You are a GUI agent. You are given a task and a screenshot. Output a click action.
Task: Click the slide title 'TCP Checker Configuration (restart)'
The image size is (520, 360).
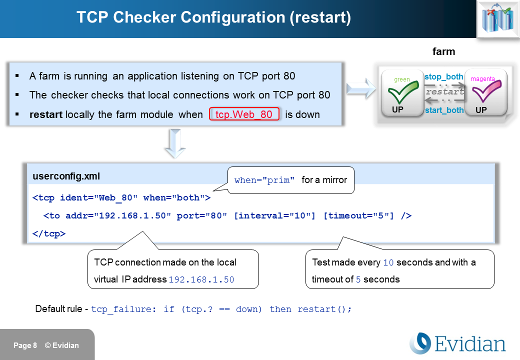(213, 18)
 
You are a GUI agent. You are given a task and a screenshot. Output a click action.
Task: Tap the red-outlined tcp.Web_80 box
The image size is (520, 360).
(243, 114)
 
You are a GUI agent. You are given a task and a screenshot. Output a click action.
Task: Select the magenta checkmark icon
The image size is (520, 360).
(485, 92)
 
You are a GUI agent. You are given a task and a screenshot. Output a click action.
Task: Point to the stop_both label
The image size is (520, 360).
(443, 77)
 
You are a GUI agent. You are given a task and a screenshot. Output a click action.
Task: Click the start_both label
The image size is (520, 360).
(444, 110)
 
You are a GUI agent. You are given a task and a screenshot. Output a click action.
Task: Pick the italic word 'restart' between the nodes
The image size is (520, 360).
(444, 92)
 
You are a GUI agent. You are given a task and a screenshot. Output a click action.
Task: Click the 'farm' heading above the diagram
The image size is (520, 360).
(443, 51)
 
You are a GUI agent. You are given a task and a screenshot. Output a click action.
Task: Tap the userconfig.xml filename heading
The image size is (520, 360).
(66, 176)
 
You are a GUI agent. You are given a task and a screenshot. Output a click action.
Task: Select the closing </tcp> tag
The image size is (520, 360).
(49, 233)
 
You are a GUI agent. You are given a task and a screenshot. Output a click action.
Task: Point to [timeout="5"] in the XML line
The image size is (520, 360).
(358, 215)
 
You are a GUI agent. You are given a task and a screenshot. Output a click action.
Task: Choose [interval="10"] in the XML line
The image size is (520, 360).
(274, 215)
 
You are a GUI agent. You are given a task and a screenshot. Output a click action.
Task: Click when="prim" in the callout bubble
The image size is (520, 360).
(264, 180)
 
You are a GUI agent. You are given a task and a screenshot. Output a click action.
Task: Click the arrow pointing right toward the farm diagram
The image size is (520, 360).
(360, 89)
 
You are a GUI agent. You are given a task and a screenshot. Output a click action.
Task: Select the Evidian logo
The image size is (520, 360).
(457, 344)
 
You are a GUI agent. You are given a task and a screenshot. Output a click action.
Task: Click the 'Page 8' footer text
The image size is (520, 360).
(25, 345)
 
